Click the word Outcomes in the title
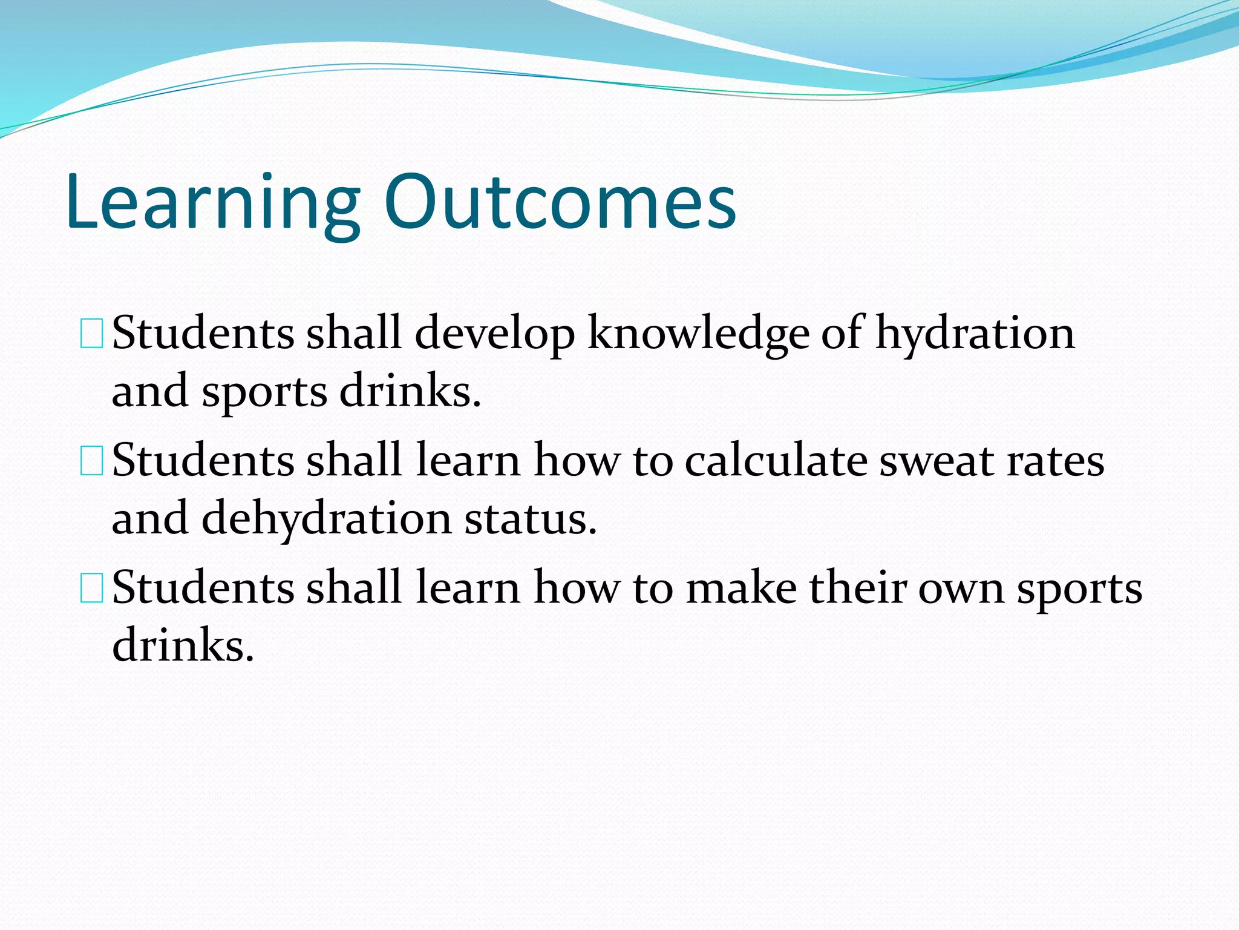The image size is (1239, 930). [560, 203]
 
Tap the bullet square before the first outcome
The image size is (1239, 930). [92, 335]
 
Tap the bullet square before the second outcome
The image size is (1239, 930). [92, 462]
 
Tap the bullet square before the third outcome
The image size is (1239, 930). [92, 589]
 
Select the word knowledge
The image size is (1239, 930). [698, 334]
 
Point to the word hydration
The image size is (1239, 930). [975, 334]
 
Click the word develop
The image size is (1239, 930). [495, 334]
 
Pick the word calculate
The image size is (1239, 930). [776, 461]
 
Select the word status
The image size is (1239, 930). [531, 519]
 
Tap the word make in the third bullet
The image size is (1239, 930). [741, 589]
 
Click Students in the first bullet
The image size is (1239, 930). [203, 334]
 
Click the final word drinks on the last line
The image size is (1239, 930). [183, 645]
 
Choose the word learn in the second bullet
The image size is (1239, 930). [468, 461]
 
